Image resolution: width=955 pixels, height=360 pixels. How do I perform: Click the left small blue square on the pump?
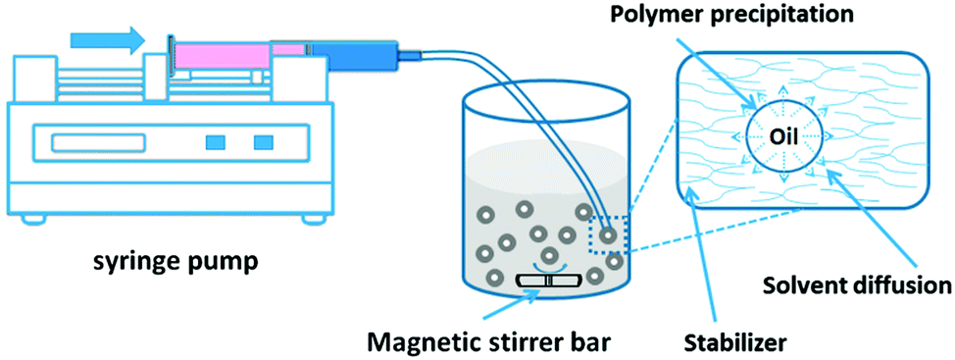tap(213, 143)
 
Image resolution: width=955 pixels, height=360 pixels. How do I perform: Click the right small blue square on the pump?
tap(263, 143)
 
